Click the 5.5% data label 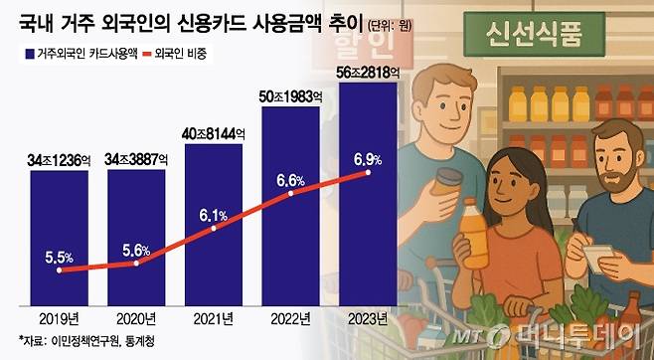point(59,257)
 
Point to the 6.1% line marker point(214,229)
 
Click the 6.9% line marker point(368,173)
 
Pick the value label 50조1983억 point(290,97)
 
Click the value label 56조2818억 point(368,72)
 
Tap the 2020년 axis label point(136,319)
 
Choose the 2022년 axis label point(290,319)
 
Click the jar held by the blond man point(448,185)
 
